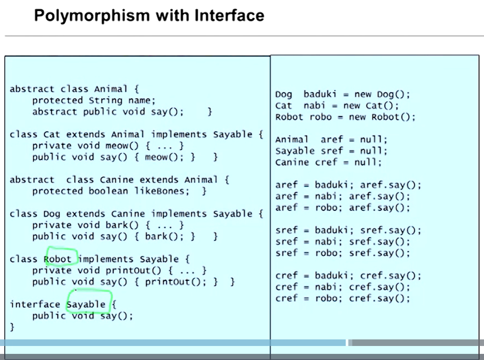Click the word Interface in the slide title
(x=229, y=15)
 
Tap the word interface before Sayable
(x=35, y=304)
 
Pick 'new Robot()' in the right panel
(x=382, y=117)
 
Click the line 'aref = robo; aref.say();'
(x=343, y=208)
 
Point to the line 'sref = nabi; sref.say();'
(x=343, y=242)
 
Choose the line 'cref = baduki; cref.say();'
(x=348, y=276)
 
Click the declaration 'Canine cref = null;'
(x=328, y=162)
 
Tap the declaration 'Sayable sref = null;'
(x=331, y=151)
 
